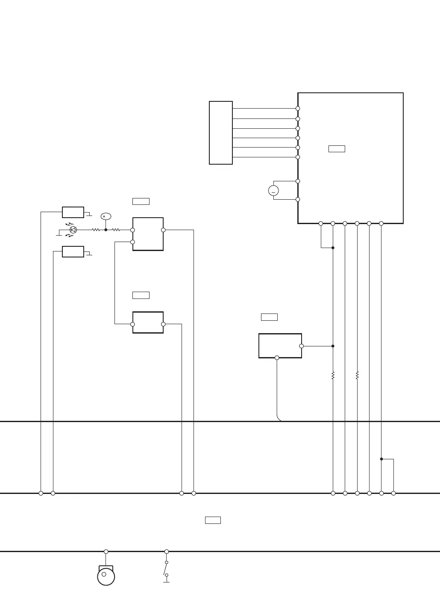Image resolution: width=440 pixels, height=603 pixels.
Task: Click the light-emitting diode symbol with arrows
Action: click(73, 230)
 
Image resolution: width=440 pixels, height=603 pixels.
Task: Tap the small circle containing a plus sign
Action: click(106, 216)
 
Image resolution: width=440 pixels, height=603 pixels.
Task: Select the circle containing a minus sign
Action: click(273, 191)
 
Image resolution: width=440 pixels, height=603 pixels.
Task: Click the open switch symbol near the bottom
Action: click(166, 569)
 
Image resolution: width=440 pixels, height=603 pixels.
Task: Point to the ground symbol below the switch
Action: click(166, 582)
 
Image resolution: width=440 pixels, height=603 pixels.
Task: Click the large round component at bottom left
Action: click(106, 576)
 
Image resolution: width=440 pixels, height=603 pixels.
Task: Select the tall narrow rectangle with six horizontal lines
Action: click(221, 133)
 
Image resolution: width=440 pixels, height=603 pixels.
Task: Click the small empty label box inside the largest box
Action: click(337, 149)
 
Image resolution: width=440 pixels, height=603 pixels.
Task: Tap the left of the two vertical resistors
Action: click(333, 375)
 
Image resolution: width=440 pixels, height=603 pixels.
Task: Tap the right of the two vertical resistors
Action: click(357, 375)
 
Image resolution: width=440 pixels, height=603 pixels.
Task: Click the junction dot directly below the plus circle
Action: click(106, 230)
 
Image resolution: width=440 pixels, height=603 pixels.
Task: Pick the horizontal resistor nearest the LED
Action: click(96, 230)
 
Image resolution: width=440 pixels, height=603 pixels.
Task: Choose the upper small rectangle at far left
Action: click(73, 212)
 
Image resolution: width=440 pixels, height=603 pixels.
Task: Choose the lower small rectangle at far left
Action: click(73, 251)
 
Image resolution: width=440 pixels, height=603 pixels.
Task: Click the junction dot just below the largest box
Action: click(333, 248)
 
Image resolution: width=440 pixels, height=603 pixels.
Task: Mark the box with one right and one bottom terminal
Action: click(280, 346)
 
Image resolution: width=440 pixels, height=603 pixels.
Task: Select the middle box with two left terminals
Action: click(148, 234)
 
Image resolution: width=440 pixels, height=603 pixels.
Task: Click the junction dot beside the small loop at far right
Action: click(381, 459)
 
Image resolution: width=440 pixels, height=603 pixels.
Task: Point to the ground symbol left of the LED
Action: click(59, 235)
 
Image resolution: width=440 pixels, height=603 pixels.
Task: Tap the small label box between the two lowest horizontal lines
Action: click(213, 520)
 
